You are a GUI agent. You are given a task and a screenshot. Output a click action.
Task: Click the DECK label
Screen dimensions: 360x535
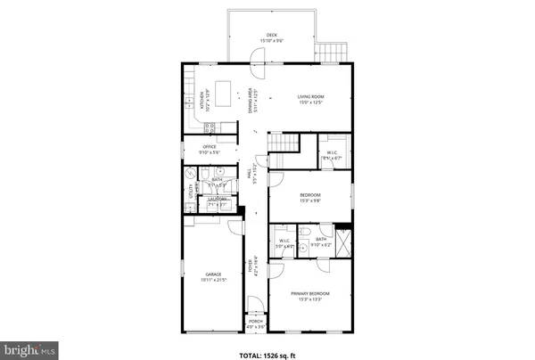pyautogui.click(x=271, y=35)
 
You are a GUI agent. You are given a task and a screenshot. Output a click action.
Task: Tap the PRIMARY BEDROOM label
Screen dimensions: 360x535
pyautogui.click(x=309, y=293)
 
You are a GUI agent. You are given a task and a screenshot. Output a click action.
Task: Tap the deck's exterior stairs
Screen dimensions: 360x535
pyautogui.click(x=332, y=51)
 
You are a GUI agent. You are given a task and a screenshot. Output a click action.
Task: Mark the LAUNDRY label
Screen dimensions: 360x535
pyautogui.click(x=218, y=200)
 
